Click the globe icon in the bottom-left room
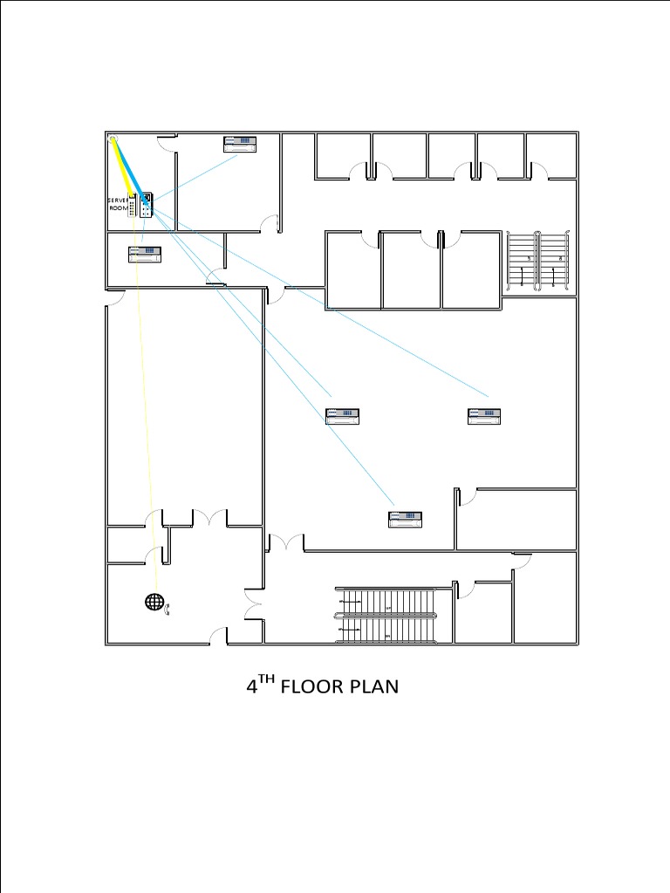tap(154, 602)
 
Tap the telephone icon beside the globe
tap(169, 609)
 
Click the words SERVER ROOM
tap(117, 204)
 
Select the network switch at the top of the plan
tap(241, 144)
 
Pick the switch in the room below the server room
tap(146, 254)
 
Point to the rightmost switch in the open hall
tap(485, 416)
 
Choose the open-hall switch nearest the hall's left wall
tap(344, 416)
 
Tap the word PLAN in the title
tap(374, 687)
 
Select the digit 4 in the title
tap(251, 687)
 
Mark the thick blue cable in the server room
tap(129, 167)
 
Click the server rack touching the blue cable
tap(147, 204)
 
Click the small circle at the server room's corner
tap(113, 138)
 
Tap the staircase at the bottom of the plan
tap(386, 615)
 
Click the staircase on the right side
tap(538, 260)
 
